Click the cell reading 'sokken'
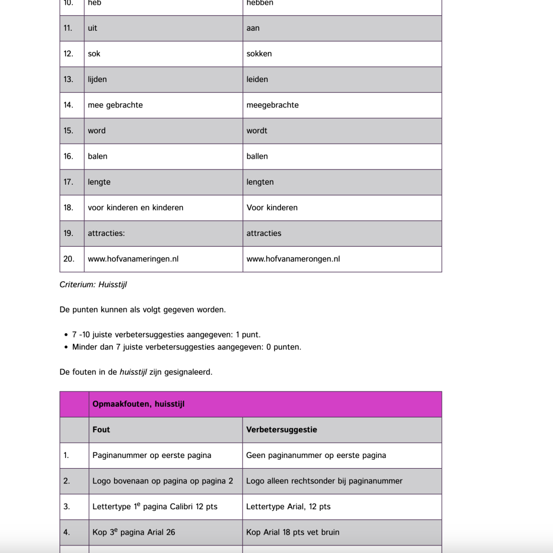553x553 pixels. (259, 54)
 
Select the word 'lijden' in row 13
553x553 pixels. (97, 79)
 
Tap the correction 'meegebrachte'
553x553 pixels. (272, 105)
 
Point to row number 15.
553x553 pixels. (69, 131)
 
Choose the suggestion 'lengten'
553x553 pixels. (260, 182)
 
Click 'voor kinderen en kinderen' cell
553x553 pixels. (136, 208)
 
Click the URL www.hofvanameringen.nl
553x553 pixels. (133, 259)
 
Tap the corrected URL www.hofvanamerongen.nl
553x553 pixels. (293, 259)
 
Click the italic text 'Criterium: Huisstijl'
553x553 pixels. (93, 285)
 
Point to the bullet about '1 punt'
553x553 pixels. (166, 335)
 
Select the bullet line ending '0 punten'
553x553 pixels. (186, 347)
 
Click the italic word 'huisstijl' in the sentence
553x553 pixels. (133, 372)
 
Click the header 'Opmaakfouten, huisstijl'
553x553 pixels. (138, 404)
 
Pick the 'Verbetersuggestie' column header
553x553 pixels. (281, 430)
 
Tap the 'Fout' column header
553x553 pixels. (101, 430)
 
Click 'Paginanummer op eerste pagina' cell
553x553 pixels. (152, 455)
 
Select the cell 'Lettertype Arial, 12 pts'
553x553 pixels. (288, 507)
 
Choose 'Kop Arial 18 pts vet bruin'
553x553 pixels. (293, 532)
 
